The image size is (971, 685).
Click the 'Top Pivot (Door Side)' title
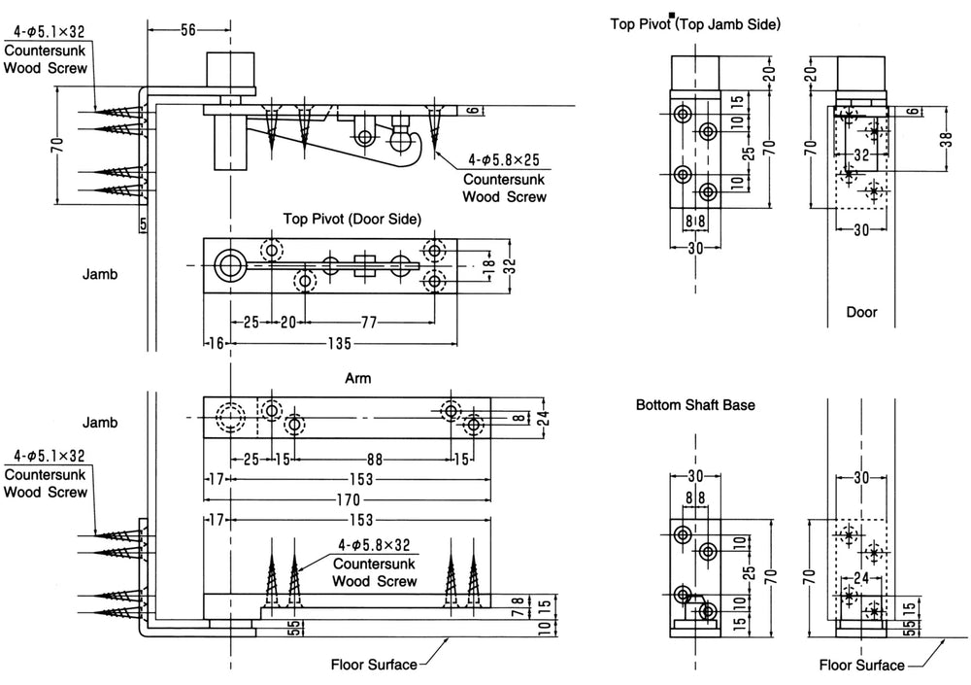point(352,219)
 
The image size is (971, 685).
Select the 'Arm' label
point(358,378)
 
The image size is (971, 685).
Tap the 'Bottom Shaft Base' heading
point(695,405)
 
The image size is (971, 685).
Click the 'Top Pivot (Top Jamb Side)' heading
point(695,24)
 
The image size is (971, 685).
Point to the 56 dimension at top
point(188,30)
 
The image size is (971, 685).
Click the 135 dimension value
point(339,343)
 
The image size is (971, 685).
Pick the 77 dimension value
point(368,323)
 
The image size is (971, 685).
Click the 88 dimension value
point(375,460)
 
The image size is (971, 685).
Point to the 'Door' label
point(861,312)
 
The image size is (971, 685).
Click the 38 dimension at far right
point(946,140)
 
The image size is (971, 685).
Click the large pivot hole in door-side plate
point(230,266)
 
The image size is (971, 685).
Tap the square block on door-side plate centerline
point(365,266)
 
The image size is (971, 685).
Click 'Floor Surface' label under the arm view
point(374,666)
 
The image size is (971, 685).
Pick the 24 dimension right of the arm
point(543,419)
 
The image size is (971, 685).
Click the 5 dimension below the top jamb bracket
point(143,224)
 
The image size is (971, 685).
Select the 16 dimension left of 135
point(216,343)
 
